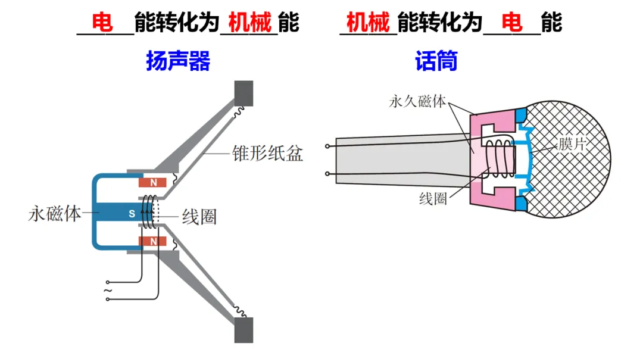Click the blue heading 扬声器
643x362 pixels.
(x=178, y=61)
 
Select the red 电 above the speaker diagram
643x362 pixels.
(x=102, y=23)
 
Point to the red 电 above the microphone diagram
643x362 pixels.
(x=512, y=23)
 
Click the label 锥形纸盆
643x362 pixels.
(x=267, y=154)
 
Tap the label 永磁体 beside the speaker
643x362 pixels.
(x=55, y=213)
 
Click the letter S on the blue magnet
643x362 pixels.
(x=132, y=213)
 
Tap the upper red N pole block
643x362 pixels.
(x=154, y=182)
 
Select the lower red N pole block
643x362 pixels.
(x=154, y=241)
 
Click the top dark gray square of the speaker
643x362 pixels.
(x=244, y=92)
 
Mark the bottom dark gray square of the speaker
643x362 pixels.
(x=244, y=329)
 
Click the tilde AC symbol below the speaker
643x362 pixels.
(x=107, y=291)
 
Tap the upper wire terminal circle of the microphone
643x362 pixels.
(x=327, y=146)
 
